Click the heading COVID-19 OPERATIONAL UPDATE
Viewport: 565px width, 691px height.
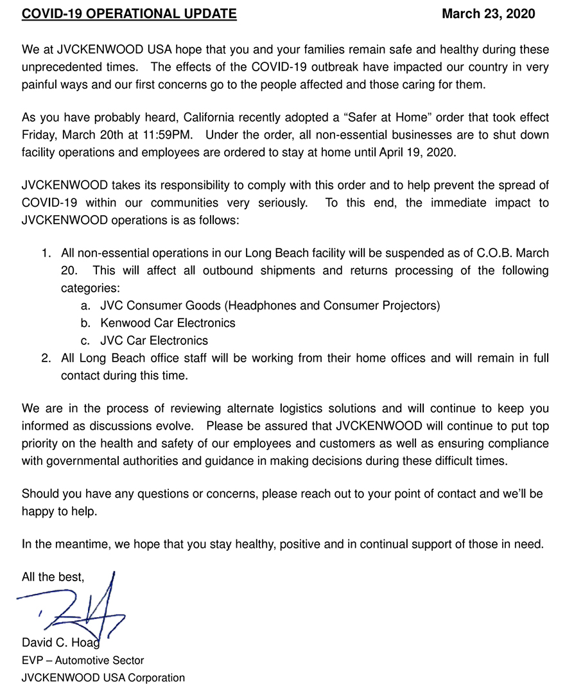pos(129,13)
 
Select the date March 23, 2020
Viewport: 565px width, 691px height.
pos(488,13)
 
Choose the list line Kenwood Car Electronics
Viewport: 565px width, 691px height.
pos(168,323)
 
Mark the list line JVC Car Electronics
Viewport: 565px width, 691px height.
pos(154,340)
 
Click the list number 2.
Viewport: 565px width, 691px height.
pos(46,358)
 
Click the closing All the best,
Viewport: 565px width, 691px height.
pos(53,577)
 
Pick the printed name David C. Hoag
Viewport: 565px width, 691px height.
pos(60,643)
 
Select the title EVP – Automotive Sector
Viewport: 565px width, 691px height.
pos(83,660)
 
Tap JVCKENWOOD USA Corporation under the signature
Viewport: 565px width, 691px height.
pos(103,678)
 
